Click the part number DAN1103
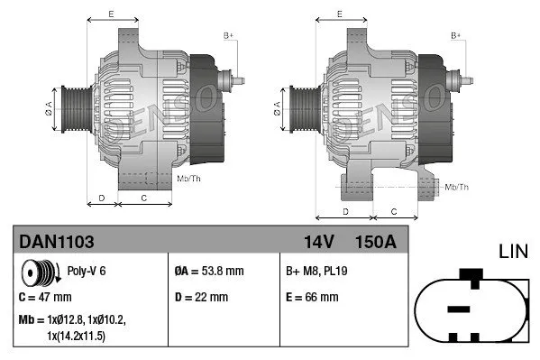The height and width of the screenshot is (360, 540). coord(56,242)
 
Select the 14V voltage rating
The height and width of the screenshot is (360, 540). coord(318,242)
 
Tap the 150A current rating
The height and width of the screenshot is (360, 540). coord(377,242)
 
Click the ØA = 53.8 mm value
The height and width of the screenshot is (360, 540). coord(206,270)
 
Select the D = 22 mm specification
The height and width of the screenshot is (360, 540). coord(201,295)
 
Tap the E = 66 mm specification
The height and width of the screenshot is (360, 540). coord(311,295)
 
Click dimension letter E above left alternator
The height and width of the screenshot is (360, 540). coord(110,14)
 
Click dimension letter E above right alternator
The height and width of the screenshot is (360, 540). coord(340,14)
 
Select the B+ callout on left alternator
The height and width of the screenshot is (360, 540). coord(228,35)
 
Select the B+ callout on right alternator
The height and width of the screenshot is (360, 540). coord(456,35)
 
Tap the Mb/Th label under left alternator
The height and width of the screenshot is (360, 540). coord(188,179)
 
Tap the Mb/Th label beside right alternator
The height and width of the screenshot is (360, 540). coord(457,187)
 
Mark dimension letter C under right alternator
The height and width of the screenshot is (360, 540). coord(394,210)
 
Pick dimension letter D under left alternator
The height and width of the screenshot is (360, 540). coord(102,197)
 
